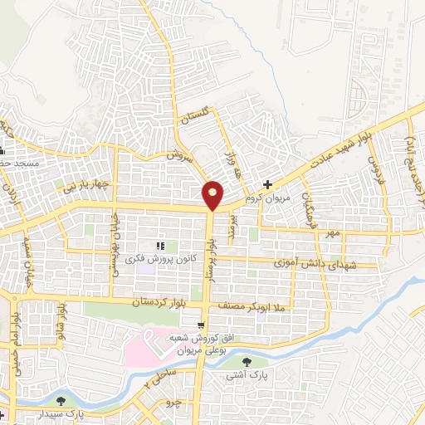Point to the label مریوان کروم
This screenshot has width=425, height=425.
271,198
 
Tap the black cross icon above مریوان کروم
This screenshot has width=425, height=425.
267,184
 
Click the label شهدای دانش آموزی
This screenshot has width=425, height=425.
308,261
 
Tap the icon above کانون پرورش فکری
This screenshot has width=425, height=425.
159,247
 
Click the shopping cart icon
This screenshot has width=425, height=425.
201,325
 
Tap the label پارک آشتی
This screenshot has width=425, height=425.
246,376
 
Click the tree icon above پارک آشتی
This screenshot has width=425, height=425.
247,362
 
